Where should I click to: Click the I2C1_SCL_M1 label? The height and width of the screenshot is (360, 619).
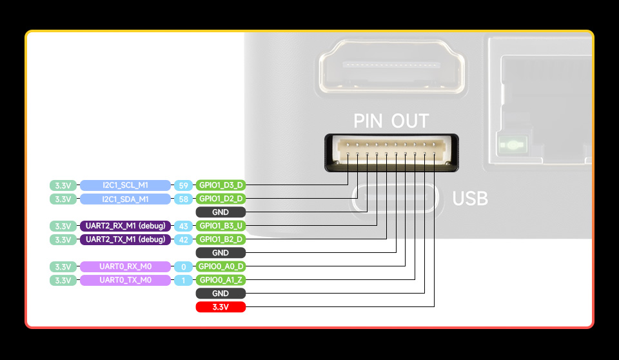pos(126,185)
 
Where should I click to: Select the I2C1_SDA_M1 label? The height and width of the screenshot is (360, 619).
pos(126,199)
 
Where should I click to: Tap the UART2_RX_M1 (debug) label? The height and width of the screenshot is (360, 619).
pos(126,226)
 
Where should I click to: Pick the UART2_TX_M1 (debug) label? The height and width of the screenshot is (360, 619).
pos(126,239)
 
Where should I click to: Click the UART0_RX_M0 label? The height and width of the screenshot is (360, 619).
pos(126,266)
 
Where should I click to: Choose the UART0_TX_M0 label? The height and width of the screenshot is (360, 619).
pos(126,280)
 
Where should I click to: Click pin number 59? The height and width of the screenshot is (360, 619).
pos(184,185)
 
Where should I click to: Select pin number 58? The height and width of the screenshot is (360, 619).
pos(184,199)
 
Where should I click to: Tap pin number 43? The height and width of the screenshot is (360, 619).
pos(184,226)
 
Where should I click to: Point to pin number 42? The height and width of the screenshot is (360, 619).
pos(184,239)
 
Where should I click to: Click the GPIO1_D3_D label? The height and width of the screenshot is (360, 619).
pos(221,185)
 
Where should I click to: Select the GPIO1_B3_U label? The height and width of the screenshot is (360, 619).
pos(221,226)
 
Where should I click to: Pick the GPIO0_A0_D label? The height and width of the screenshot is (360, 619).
pos(221,266)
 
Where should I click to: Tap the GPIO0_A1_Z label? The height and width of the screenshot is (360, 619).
pos(221,280)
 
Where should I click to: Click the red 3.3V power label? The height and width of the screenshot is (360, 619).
pos(221,307)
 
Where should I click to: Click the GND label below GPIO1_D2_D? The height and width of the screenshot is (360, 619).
pos(221,212)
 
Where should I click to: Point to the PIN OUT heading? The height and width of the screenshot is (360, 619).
pos(391,121)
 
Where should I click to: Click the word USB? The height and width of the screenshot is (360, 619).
pos(470,199)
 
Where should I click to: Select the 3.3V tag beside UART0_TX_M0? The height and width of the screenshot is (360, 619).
pos(63,280)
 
